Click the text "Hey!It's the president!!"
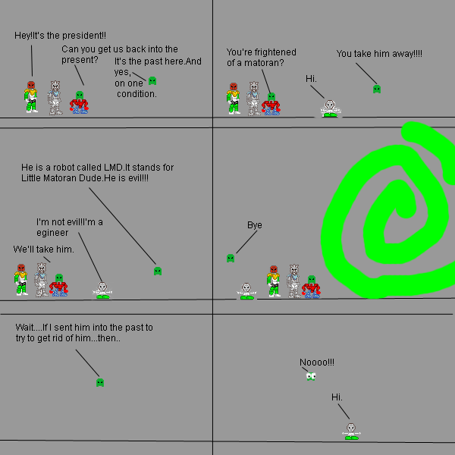click(x=60, y=36)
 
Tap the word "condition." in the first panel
click(x=136, y=94)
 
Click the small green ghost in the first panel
click(x=152, y=80)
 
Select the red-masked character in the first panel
click(x=31, y=98)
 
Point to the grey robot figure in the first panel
click(x=55, y=98)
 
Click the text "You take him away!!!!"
click(x=379, y=54)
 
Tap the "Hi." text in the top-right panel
click(x=311, y=79)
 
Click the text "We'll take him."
click(x=43, y=249)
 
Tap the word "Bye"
click(x=255, y=225)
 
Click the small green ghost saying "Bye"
click(x=230, y=259)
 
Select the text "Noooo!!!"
click(x=316, y=362)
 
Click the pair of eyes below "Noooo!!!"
click(x=310, y=376)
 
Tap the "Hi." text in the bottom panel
click(x=337, y=397)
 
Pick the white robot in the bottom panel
click(x=350, y=431)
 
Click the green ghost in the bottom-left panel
click(x=99, y=382)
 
